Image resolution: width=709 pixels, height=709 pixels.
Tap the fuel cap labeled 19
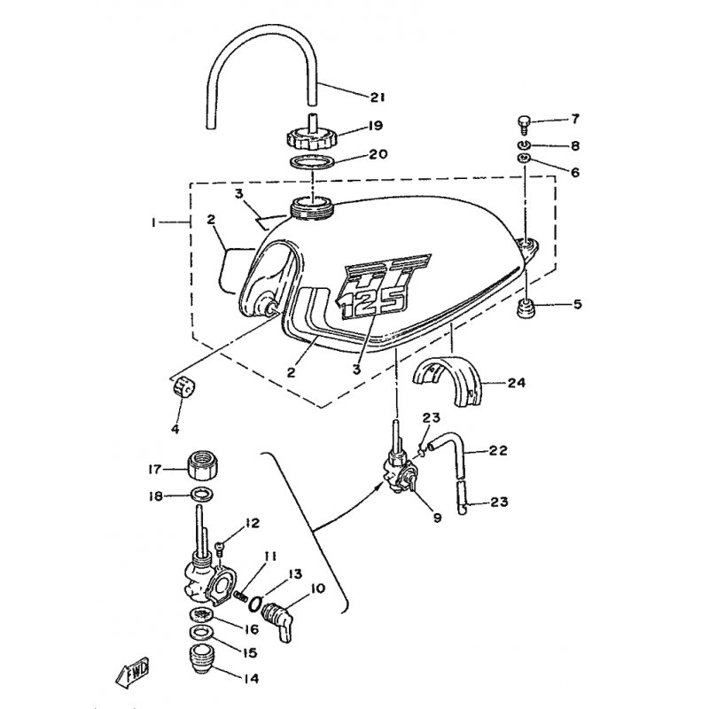click(310, 136)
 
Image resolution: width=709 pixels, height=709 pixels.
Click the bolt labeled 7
click(525, 120)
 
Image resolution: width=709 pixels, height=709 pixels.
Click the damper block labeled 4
click(183, 389)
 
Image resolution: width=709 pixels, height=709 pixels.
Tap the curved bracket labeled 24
click(452, 379)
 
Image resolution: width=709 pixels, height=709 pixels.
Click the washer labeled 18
click(204, 494)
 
